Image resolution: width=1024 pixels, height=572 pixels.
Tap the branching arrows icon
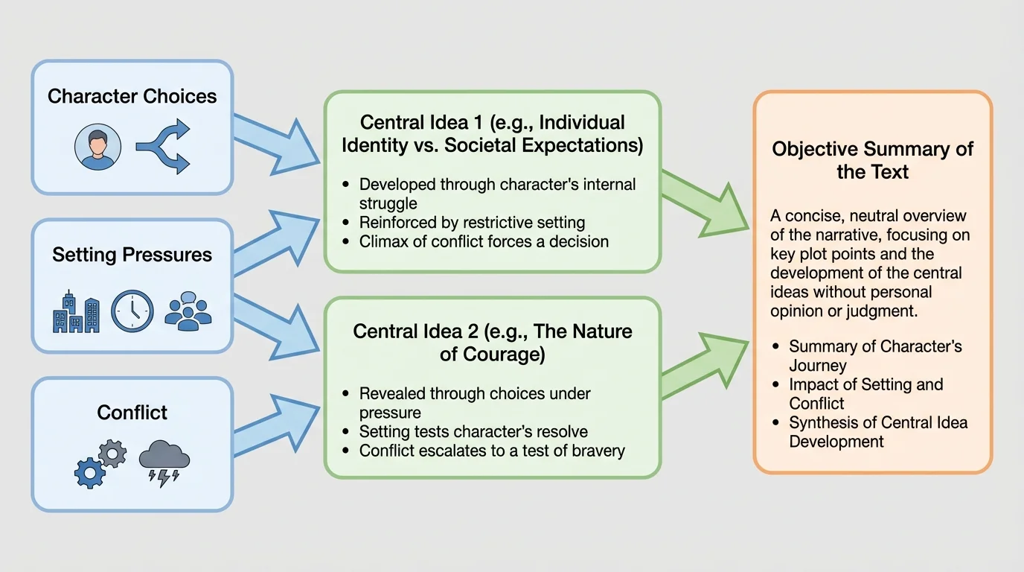coord(163,147)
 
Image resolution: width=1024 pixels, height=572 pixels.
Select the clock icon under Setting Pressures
coord(132,311)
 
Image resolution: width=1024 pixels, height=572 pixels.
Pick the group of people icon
coord(188,311)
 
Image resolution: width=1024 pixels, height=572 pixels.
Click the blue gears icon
coord(100,463)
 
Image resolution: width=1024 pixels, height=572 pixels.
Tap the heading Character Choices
coord(132,96)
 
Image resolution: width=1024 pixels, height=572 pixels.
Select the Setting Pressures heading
coord(132,255)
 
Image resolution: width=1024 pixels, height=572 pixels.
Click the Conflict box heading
coord(132,413)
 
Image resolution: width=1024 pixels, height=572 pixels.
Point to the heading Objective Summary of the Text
coord(872,160)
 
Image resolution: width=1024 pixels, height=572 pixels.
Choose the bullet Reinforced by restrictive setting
coord(472,222)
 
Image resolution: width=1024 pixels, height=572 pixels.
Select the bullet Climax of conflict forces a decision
coord(484,241)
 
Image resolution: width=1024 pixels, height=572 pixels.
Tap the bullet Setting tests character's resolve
coord(473,431)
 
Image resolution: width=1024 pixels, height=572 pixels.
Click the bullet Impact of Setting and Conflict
coord(865,394)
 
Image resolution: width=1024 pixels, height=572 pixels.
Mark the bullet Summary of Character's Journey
coord(875,355)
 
